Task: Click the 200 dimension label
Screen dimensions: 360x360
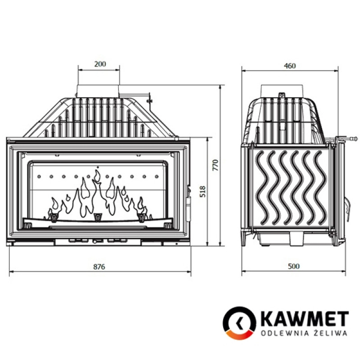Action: [100, 64]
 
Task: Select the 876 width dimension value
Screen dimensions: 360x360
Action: [99, 266]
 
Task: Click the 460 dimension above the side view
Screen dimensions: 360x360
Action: [290, 66]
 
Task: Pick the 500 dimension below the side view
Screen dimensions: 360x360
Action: [293, 266]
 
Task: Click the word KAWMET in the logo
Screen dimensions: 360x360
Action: [302, 319]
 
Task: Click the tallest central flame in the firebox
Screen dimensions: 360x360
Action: [97, 193]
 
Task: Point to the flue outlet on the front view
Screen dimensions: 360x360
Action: [99, 90]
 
